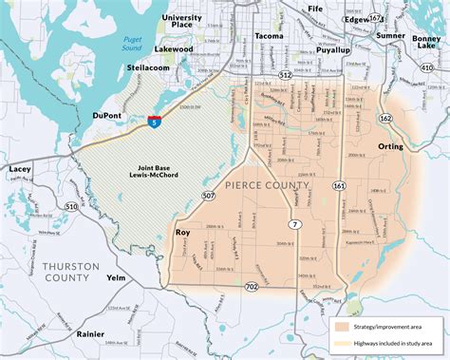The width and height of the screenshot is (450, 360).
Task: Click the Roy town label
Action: coord(185,231)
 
